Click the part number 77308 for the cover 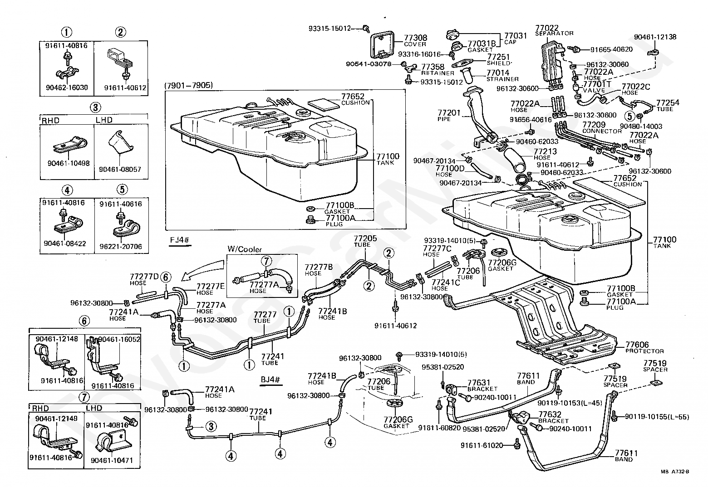coord(415,38)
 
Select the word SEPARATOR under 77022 coord(555,33)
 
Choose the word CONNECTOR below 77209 coord(602,131)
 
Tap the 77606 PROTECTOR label coord(644,347)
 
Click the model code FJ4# coord(180,240)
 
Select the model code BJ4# coord(270,379)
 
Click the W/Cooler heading coord(245,249)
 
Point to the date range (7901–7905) coord(189,85)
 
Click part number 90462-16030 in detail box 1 coord(67,88)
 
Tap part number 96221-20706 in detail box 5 coord(121,246)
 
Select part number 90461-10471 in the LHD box coord(112,460)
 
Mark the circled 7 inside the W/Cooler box coord(266,261)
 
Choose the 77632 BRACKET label coord(553,417)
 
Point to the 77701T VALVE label coord(596,87)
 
